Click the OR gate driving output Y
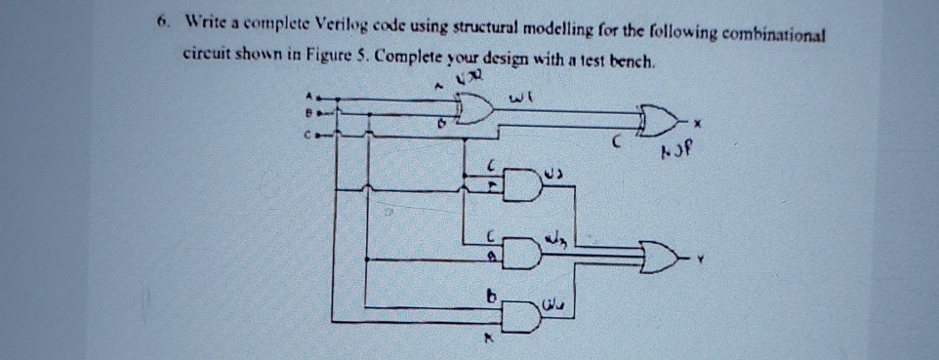(661, 259)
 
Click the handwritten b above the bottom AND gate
(494, 293)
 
